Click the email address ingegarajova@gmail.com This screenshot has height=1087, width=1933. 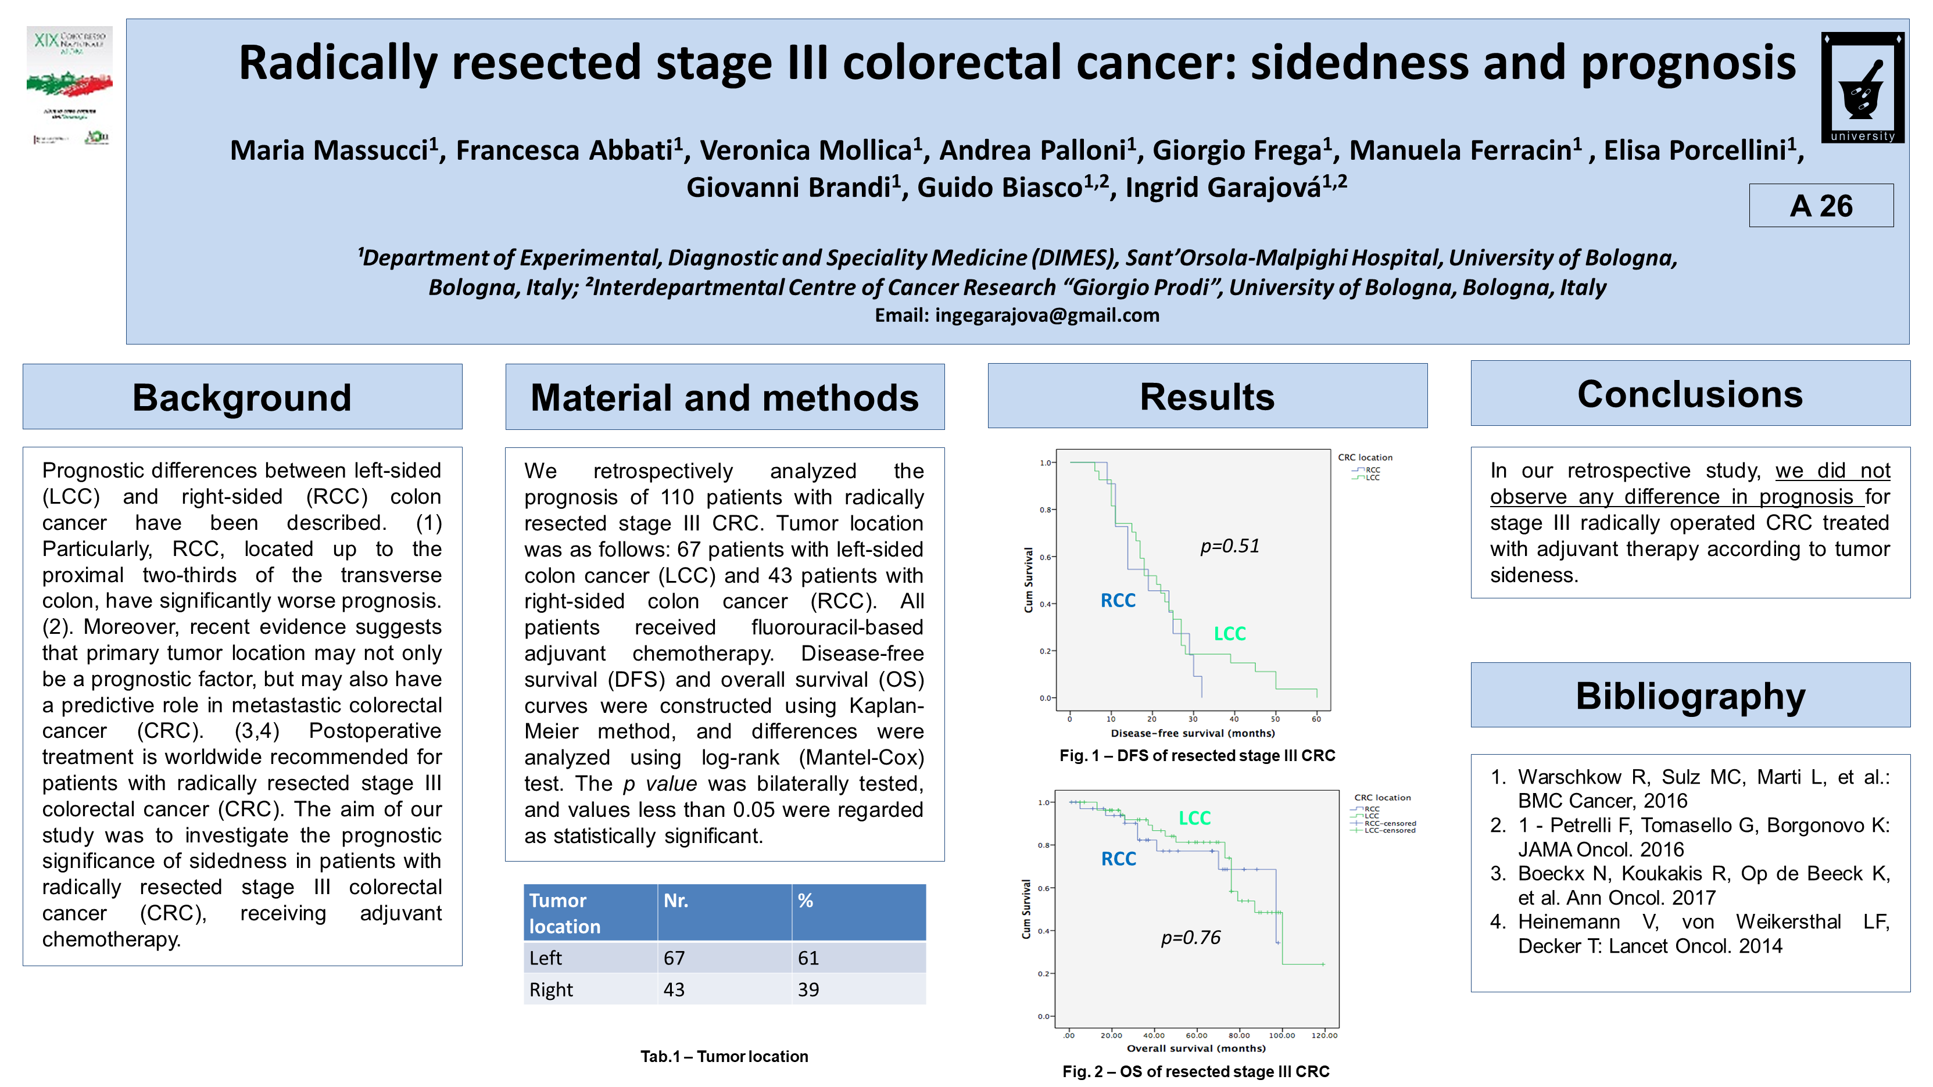click(x=1047, y=315)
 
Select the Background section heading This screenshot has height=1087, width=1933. click(x=242, y=397)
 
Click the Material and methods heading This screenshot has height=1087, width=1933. click(x=724, y=397)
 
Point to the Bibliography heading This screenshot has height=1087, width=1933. click(x=1690, y=695)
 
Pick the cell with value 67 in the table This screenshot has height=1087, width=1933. click(x=674, y=958)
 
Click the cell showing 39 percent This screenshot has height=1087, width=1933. click(x=808, y=989)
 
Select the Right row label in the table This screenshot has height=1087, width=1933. click(x=551, y=989)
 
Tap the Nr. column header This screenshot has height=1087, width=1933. click(x=675, y=900)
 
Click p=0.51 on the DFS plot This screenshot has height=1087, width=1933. click(x=1229, y=546)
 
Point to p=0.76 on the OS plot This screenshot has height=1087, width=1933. click(x=1190, y=938)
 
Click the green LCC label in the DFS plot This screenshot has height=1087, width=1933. click(x=1229, y=634)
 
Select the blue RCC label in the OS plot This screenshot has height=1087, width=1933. click(x=1118, y=859)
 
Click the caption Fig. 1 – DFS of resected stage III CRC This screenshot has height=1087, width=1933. click(x=1197, y=755)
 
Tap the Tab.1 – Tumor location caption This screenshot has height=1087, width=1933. click(x=724, y=1056)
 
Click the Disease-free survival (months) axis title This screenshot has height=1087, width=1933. click(x=1193, y=733)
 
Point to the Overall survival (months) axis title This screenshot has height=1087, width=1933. click(x=1195, y=1048)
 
